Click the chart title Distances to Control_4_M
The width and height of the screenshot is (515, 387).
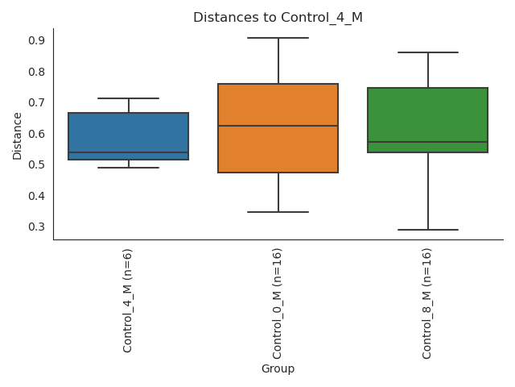[278, 18]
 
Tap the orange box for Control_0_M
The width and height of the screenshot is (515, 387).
[278, 105]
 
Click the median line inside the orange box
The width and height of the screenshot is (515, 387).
[278, 126]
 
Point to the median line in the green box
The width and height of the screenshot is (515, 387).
[427, 142]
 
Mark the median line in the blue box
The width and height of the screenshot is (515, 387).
[129, 152]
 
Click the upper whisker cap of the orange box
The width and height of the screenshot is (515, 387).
[278, 38]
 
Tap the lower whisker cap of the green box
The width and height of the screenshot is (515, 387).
[427, 230]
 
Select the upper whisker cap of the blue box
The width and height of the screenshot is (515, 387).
[129, 98]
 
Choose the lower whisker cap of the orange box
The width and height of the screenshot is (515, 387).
[278, 212]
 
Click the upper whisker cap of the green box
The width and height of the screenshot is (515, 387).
[427, 52]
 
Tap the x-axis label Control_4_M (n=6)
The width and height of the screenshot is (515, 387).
[128, 300]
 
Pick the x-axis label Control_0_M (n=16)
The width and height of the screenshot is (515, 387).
[278, 303]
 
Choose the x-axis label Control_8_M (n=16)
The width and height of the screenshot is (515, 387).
[427, 303]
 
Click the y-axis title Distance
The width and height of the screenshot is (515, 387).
[18, 135]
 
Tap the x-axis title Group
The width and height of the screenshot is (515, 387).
[278, 369]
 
